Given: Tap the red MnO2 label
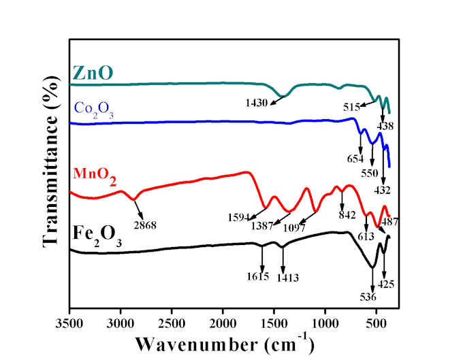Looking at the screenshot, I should point(94,178).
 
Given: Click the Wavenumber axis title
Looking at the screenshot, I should point(224,341).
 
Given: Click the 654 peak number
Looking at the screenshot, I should point(353,159).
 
